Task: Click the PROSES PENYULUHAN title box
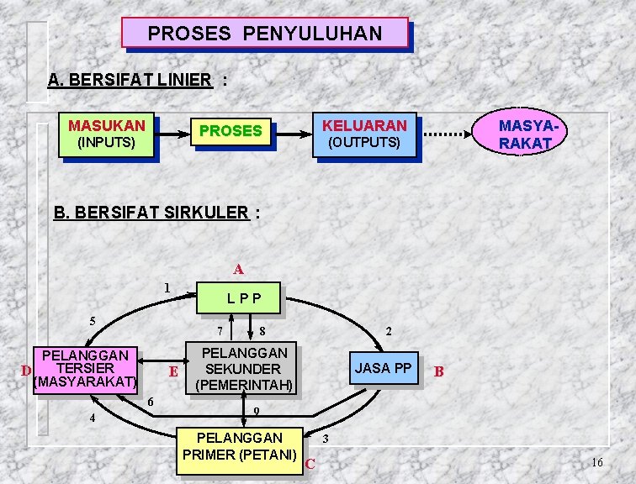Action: pyautogui.click(x=265, y=33)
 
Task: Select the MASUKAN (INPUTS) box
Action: pyautogui.click(x=107, y=134)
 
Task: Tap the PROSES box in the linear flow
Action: pyautogui.click(x=231, y=131)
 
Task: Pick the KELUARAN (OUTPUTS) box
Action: pyautogui.click(x=364, y=134)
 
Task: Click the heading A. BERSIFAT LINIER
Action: pyautogui.click(x=130, y=81)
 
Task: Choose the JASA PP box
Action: pyautogui.click(x=384, y=369)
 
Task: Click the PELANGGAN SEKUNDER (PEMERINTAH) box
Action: pyautogui.click(x=243, y=370)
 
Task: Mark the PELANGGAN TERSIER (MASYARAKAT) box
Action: pyautogui.click(x=84, y=369)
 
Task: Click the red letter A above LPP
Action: pyautogui.click(x=239, y=270)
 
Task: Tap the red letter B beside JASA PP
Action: pyautogui.click(x=438, y=371)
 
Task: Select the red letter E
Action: pyautogui.click(x=172, y=371)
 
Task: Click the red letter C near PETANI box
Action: pyautogui.click(x=310, y=463)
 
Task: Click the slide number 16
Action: pyautogui.click(x=597, y=463)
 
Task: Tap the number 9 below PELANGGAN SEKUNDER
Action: pyautogui.click(x=257, y=412)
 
